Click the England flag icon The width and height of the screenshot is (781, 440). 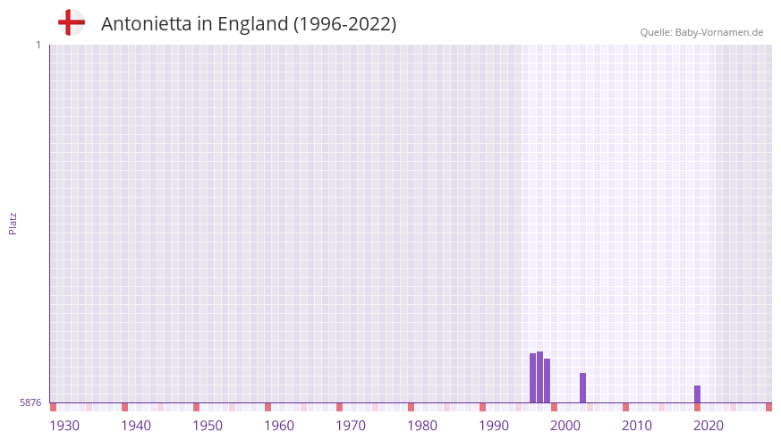click(71, 22)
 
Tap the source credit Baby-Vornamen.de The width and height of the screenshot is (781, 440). click(701, 32)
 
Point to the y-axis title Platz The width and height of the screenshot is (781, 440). click(13, 224)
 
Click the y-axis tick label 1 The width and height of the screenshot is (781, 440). click(38, 45)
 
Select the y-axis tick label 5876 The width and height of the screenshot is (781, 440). click(30, 403)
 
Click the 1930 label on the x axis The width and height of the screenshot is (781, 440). click(64, 426)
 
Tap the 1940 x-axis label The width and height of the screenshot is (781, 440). click(136, 426)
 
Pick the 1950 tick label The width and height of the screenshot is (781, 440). click(208, 426)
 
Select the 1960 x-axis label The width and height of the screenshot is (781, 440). click(279, 426)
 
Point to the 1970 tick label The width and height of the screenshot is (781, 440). click(351, 426)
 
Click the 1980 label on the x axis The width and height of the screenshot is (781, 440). click(422, 426)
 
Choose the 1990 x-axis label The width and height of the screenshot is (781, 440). click(494, 426)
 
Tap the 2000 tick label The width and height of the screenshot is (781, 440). click(565, 426)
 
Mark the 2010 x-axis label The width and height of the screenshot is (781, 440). click(637, 426)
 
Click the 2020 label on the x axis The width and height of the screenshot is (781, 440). click(709, 426)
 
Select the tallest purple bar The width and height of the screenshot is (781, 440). click(539, 377)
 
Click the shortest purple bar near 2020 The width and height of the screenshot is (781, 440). click(697, 394)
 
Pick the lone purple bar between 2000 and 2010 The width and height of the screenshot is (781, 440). click(582, 388)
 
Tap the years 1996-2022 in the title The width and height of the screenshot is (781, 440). click(344, 24)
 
